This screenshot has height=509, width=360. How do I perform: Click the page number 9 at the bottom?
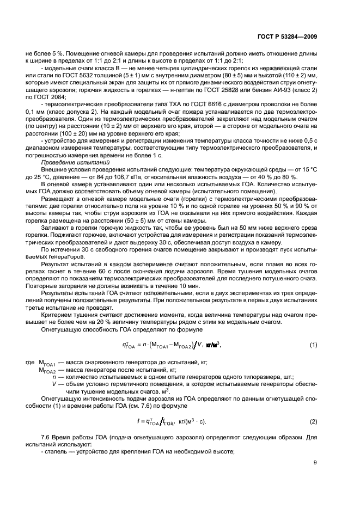315,463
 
